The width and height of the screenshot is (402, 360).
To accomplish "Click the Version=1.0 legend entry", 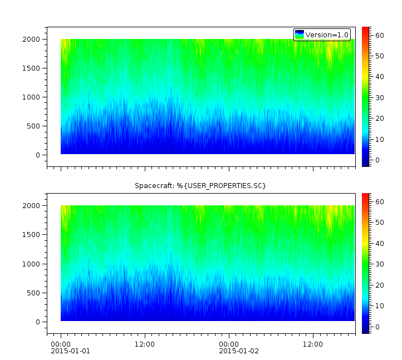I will pyautogui.click(x=327, y=34).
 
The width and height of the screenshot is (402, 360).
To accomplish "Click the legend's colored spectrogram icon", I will pyautogui.click(x=300, y=34).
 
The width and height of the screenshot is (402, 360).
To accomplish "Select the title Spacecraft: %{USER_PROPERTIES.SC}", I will pyautogui.click(x=200, y=185).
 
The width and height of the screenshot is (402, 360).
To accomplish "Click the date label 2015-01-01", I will pyautogui.click(x=70, y=351).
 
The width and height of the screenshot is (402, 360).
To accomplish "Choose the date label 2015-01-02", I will pyautogui.click(x=238, y=351).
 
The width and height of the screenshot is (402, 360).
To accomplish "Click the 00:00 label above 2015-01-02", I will pyautogui.click(x=229, y=344).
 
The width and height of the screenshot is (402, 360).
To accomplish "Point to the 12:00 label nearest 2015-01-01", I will pyautogui.click(x=145, y=344).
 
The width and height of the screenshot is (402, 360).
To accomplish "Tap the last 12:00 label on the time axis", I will pyautogui.click(x=313, y=344).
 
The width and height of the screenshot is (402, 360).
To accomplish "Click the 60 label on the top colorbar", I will pyautogui.click(x=379, y=35).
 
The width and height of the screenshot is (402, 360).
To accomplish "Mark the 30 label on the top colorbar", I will pyautogui.click(x=379, y=98).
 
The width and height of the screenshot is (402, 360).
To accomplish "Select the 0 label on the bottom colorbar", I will pyautogui.click(x=376, y=327).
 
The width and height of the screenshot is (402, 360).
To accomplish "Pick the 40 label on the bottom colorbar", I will pyautogui.click(x=379, y=243).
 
